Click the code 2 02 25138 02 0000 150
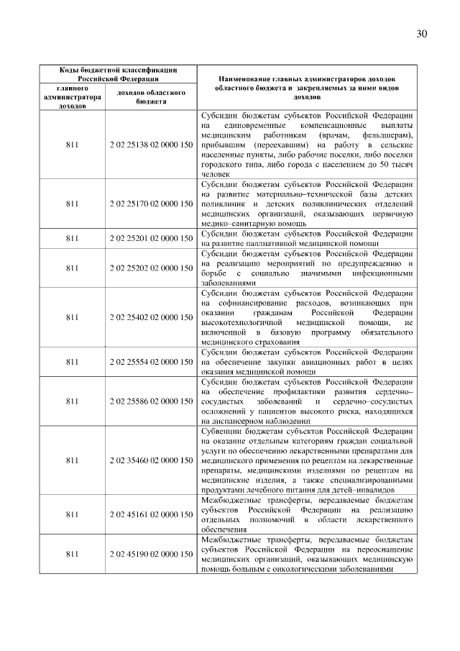(151, 145)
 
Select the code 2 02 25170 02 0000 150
(151, 204)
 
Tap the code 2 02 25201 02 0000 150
(151, 238)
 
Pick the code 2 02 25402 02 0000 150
(151, 317)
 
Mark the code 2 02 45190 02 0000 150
(151, 554)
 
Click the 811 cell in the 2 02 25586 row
(72, 401)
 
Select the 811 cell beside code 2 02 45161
(72, 514)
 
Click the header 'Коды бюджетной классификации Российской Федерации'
(117, 73)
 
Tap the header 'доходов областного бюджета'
(151, 97)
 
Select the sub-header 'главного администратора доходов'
(72, 97)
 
